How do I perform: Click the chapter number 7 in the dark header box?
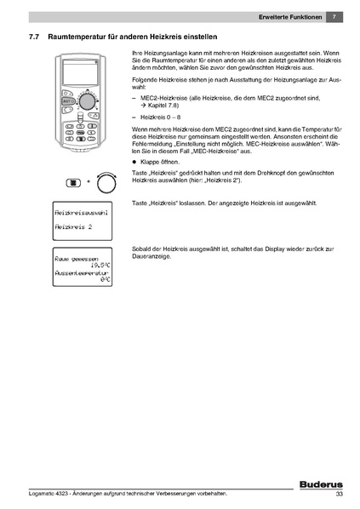[335, 18]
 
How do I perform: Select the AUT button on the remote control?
[69, 100]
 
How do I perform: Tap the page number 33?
[339, 495]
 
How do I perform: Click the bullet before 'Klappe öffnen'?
[134, 162]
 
